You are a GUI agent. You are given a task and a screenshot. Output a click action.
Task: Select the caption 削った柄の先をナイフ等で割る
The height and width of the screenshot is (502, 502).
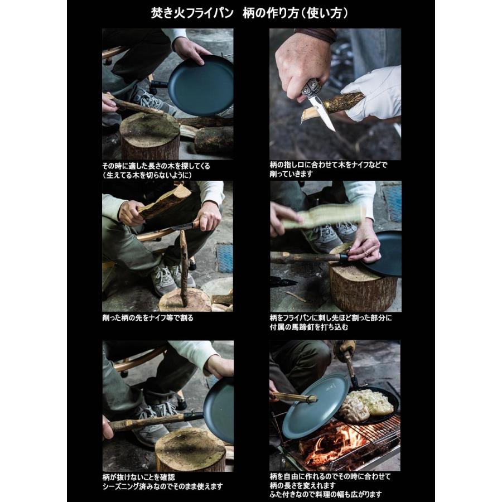148,318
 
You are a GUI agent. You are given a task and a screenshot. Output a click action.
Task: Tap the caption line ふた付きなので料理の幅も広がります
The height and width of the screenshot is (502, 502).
326,494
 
